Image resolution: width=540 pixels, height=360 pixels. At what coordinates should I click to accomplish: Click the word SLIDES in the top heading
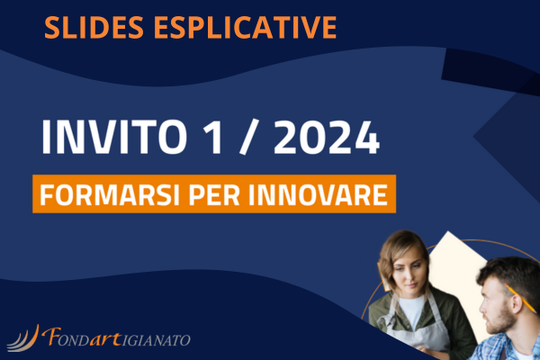[x=94, y=27]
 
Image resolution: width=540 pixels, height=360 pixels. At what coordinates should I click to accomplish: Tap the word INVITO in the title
[x=114, y=137]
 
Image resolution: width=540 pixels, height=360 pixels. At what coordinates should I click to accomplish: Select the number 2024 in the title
[x=327, y=137]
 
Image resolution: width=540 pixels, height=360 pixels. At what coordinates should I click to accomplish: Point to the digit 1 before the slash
[x=213, y=137]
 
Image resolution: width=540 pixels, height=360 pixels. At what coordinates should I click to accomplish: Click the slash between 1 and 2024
[x=248, y=137]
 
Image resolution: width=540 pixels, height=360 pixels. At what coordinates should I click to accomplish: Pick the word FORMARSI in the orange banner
[x=110, y=195]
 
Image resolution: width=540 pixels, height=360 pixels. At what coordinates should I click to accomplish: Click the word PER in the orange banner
[x=214, y=195]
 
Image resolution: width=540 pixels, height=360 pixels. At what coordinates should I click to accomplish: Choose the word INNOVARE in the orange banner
[x=319, y=195]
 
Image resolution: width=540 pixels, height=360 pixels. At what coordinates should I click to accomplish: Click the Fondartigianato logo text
[x=116, y=337]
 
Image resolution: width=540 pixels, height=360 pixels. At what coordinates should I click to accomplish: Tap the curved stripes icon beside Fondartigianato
[x=23, y=338]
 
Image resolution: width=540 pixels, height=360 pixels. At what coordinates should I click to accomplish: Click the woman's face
[x=409, y=271]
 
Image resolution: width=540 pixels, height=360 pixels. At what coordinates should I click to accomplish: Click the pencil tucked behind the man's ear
[x=520, y=298]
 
